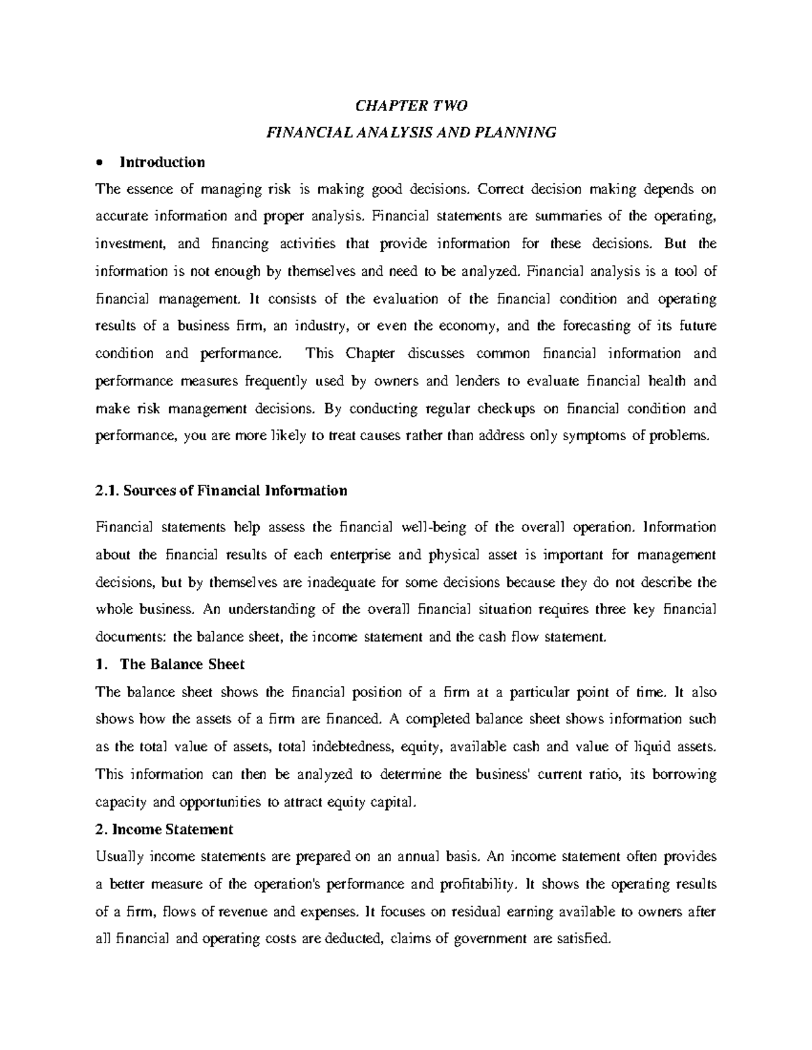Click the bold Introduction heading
coord(162,162)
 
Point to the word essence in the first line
coord(148,189)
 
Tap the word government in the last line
coord(487,938)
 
